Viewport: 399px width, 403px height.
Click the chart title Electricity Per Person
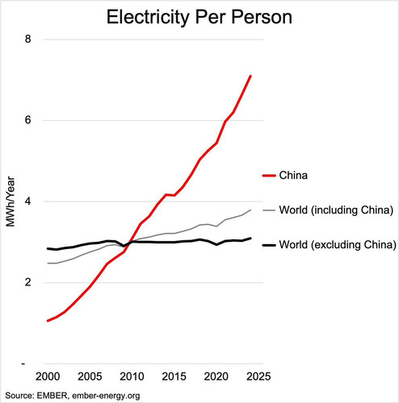199,17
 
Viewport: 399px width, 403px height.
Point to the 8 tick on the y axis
28,39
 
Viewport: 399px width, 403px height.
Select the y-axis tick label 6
28,120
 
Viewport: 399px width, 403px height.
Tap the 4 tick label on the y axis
28,201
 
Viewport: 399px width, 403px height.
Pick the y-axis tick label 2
28,282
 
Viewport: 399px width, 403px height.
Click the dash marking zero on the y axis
23,364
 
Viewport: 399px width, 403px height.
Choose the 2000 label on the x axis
48,376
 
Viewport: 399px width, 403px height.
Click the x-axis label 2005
90,376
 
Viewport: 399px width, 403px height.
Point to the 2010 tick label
132,376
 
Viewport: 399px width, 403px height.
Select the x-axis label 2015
174,376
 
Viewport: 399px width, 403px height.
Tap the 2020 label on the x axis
216,376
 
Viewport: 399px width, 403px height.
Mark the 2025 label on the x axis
258,376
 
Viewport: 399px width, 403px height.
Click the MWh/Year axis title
10,201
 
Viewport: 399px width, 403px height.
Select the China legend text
293,176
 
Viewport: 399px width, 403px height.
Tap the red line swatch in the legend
269,176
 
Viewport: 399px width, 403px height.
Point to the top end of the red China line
250,76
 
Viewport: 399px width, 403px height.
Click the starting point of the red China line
48,321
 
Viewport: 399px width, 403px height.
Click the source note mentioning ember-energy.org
73,396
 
